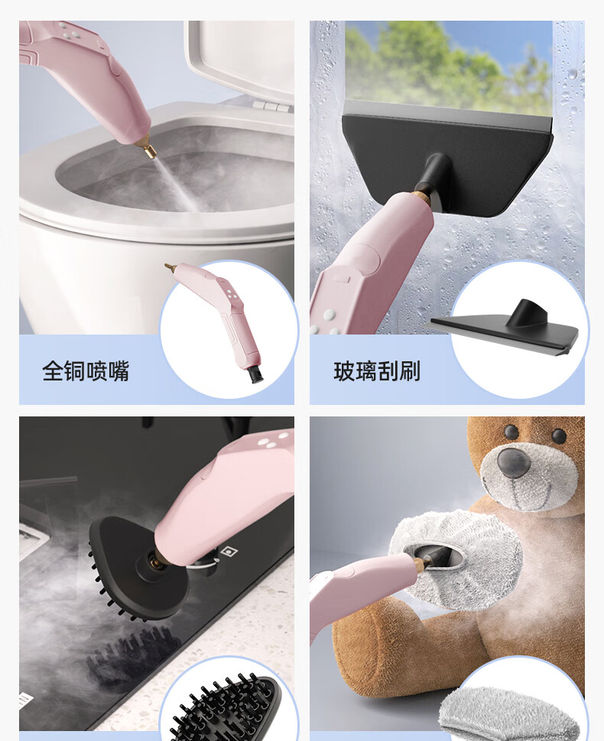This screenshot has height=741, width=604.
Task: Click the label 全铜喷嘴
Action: click(86, 371)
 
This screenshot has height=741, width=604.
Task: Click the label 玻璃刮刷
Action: click(377, 371)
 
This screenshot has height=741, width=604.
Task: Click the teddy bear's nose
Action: click(514, 462)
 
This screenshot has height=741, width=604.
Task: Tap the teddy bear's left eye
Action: click(511, 431)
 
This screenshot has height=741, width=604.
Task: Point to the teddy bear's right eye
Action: click(559, 436)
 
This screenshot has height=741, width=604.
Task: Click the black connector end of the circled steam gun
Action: click(255, 374)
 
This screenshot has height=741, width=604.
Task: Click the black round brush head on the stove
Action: click(139, 567)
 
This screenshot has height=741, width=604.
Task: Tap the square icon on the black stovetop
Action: click(229, 551)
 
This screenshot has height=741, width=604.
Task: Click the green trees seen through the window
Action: click(448, 64)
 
